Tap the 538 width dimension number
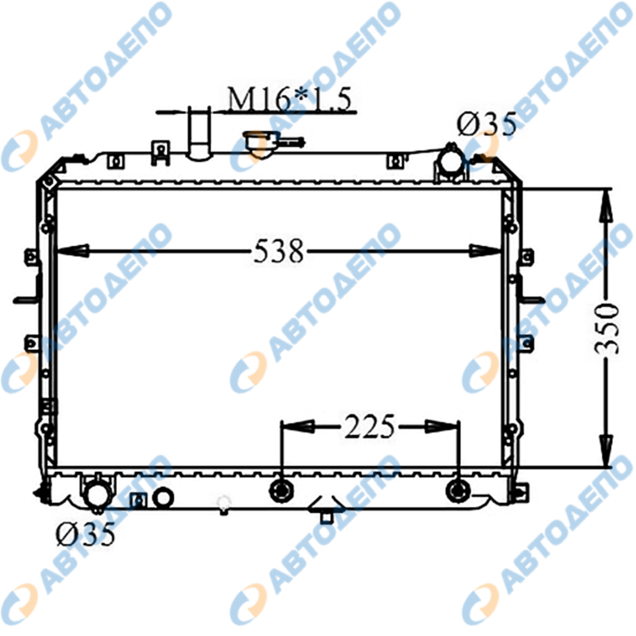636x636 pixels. point(278,251)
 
